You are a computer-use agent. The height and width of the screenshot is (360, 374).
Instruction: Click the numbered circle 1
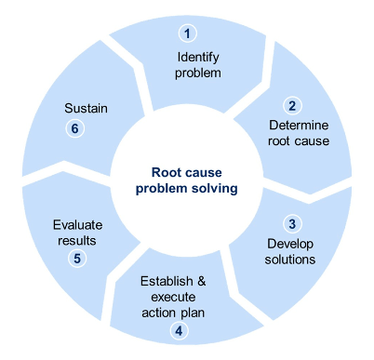[x=188, y=34]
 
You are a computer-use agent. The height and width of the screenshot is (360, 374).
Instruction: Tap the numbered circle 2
[x=291, y=106]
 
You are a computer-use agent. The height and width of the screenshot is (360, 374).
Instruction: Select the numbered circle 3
[x=291, y=224]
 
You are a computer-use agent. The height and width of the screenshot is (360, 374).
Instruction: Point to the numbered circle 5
[x=76, y=258]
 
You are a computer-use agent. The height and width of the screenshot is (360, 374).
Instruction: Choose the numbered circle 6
[x=75, y=128]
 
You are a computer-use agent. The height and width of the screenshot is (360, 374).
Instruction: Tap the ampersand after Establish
[x=209, y=281]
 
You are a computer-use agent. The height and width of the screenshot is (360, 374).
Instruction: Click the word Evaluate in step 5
[x=78, y=224]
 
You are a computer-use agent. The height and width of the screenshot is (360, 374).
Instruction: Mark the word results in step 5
[x=78, y=240]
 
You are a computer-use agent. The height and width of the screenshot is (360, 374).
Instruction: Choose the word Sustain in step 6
[x=87, y=108]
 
